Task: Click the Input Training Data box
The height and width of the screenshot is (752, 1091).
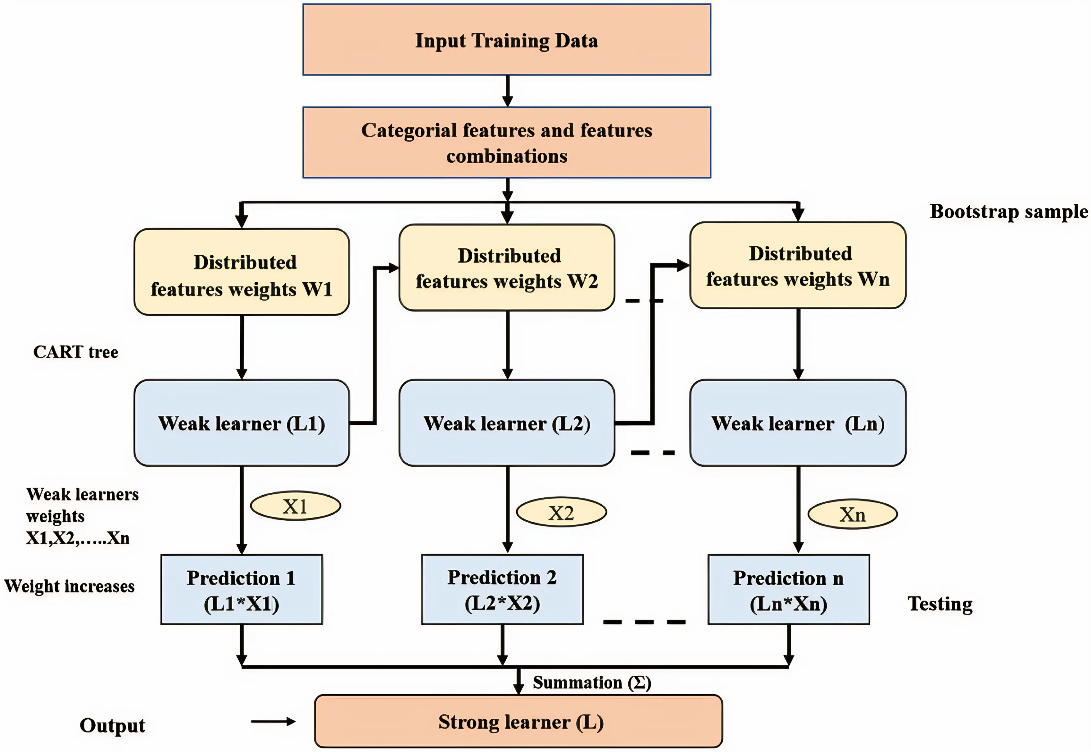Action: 507,40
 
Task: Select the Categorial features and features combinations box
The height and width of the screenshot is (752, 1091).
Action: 507,142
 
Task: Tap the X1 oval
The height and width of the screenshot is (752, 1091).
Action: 295,506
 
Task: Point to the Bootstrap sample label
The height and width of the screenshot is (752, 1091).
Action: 1009,211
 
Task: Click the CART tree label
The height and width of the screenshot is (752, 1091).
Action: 75,352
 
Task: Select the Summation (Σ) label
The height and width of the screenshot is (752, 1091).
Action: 592,682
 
